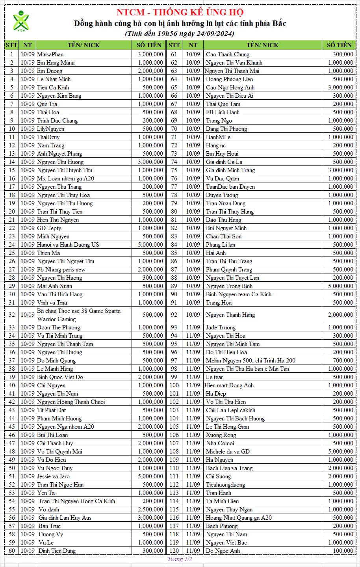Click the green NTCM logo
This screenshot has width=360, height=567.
pos(21,21)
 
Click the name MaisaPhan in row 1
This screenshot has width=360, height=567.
pos(50,54)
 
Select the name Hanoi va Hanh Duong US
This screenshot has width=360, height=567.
pos(68,245)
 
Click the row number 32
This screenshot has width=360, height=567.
pos(11,315)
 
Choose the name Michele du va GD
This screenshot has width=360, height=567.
pos(228,452)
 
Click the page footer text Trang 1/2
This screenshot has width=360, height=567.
pos(180,559)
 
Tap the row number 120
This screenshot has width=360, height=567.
pos(174,551)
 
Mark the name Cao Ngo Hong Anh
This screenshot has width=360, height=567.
pos(230,87)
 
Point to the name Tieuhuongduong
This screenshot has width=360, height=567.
pos(225,485)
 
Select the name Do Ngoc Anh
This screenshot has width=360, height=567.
pos(223,551)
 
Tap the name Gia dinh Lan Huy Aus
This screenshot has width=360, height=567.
pos(65,518)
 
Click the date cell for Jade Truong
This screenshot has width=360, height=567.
pos(193,327)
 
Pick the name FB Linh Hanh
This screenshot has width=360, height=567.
pos(223,112)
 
